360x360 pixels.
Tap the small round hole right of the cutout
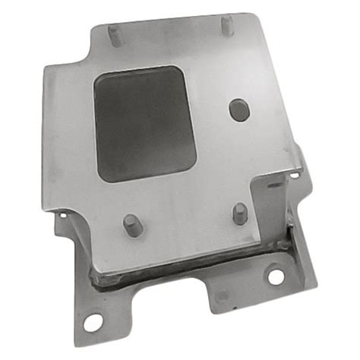tap(238, 109)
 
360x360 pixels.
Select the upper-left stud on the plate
tap(113, 34)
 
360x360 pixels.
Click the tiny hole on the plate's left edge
tap(58, 216)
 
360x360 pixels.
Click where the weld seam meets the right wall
tap(284, 244)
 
